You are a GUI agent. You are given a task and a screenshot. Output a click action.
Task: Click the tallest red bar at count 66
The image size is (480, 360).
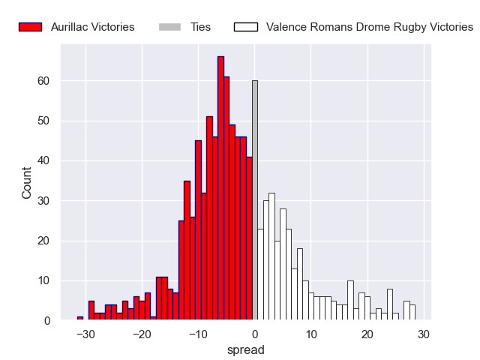pyautogui.click(x=220, y=187)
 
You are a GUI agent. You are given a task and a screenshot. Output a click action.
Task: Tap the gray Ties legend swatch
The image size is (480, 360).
pyautogui.click(x=170, y=27)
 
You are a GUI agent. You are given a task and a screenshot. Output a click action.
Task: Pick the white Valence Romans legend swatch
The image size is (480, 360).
pyautogui.click(x=246, y=27)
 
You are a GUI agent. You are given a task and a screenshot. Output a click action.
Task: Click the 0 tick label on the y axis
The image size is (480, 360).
pyautogui.click(x=47, y=321)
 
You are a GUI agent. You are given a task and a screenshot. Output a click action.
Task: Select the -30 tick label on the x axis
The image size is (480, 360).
pyautogui.click(x=85, y=334)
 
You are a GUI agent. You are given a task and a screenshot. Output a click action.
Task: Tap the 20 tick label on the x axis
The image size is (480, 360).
pyautogui.click(x=367, y=334)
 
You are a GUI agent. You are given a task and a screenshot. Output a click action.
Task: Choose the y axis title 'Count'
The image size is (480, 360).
pyautogui.click(x=27, y=183)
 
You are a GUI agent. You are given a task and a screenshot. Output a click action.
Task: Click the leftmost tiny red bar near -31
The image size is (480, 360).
pyautogui.click(x=80, y=319)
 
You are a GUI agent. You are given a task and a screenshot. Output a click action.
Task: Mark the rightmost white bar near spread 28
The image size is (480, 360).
pyautogui.click(x=412, y=313)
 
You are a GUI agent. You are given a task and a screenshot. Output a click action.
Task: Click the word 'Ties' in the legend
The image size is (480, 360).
pyautogui.click(x=200, y=27)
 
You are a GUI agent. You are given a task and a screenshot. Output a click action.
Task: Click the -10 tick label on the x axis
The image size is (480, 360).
pyautogui.click(x=198, y=334)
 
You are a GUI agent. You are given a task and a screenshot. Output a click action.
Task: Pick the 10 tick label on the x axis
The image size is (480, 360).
pyautogui.click(x=311, y=334)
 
